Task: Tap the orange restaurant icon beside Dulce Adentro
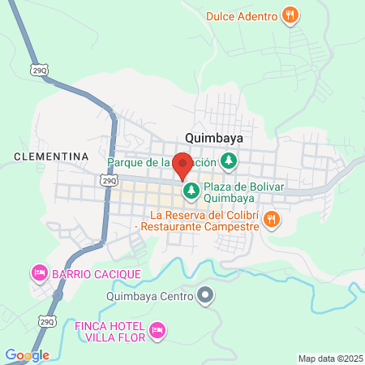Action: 290,15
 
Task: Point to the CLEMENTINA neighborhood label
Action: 51,155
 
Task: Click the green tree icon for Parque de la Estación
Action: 230,161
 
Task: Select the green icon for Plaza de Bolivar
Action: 191,192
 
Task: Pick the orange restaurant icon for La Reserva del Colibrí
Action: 273,217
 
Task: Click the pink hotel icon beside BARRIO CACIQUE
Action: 38,273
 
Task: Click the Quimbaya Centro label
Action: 152,296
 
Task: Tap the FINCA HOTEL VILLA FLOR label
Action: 109,331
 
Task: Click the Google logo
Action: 27,355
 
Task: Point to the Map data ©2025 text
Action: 328,359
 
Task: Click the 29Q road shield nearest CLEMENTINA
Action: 108,180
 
